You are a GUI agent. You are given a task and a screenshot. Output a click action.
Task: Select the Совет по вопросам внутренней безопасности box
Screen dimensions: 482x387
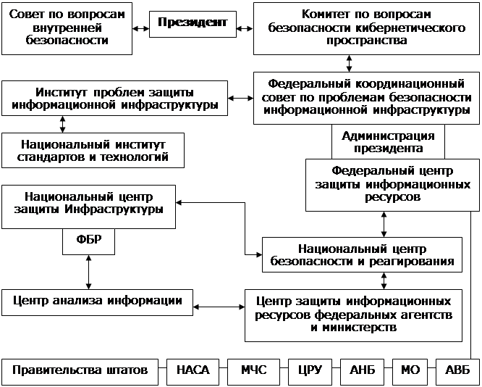pos(67,28)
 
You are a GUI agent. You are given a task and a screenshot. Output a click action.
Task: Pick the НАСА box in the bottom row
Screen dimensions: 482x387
pos(193,370)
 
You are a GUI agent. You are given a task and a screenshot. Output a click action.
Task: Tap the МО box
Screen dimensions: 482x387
pos(410,370)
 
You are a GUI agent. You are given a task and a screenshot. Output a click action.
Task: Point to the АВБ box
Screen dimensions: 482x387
pos(457,370)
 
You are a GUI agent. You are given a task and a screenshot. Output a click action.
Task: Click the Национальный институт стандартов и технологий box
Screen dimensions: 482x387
pos(94,150)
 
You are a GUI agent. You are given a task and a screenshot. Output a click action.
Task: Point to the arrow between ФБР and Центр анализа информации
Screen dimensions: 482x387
pos(88,272)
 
